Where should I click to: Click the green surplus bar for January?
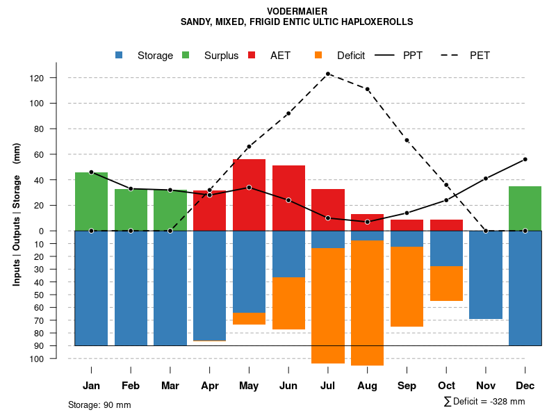tap(91, 202)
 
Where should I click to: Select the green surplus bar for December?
tap(525, 208)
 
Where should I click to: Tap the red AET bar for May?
tap(249, 195)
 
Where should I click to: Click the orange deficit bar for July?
tap(328, 306)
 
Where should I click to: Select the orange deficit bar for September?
tap(407, 286)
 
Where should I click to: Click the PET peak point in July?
tap(328, 74)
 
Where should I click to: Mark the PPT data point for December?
tap(525, 159)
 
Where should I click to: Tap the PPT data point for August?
tap(368, 222)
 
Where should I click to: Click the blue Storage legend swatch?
tap(120, 55)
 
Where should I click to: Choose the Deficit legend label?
tap(351, 56)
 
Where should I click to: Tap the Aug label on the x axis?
tap(368, 386)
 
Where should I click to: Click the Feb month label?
tap(131, 386)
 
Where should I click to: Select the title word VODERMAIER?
tap(297, 11)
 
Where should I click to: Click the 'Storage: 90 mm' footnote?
tap(99, 404)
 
